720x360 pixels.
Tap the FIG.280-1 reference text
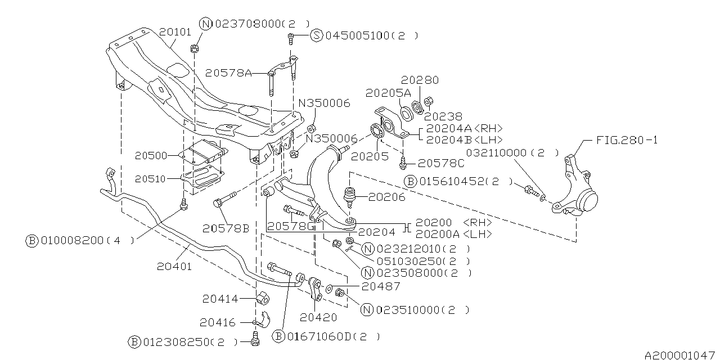[626, 139]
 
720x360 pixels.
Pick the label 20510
[151, 178]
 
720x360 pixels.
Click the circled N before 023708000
[205, 24]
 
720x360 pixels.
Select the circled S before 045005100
[316, 36]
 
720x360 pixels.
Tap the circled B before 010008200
[32, 240]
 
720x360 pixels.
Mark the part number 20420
[318, 317]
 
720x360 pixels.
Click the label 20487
[381, 286]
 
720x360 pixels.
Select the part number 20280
[420, 80]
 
